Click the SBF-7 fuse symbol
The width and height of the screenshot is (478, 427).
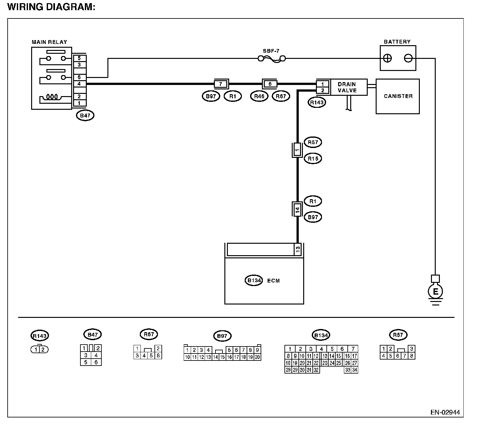click(x=271, y=59)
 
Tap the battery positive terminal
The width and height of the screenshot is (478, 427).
click(x=387, y=58)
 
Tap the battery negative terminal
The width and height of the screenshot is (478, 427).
click(x=408, y=58)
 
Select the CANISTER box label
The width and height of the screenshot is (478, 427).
click(x=398, y=96)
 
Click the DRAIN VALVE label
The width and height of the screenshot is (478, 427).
click(x=347, y=87)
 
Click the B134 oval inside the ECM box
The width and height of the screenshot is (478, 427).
click(x=254, y=281)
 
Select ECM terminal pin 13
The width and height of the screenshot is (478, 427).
click(x=298, y=249)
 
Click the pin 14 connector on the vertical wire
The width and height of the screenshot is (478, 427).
click(x=297, y=209)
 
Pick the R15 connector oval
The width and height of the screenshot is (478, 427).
click(x=313, y=159)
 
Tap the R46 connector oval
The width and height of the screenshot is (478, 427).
click(x=259, y=96)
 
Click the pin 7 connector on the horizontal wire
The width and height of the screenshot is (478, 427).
click(x=221, y=84)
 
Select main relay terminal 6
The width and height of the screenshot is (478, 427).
click(x=79, y=77)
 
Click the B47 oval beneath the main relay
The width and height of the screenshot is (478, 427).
click(x=85, y=115)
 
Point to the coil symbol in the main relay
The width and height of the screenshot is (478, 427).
click(x=52, y=97)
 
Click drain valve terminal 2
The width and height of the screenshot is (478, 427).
click(x=323, y=90)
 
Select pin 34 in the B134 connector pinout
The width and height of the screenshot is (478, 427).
click(x=354, y=370)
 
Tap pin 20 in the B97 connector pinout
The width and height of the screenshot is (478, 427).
click(x=257, y=357)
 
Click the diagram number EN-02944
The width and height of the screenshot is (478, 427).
click(x=445, y=412)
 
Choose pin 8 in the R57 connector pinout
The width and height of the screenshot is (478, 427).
click(x=412, y=356)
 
